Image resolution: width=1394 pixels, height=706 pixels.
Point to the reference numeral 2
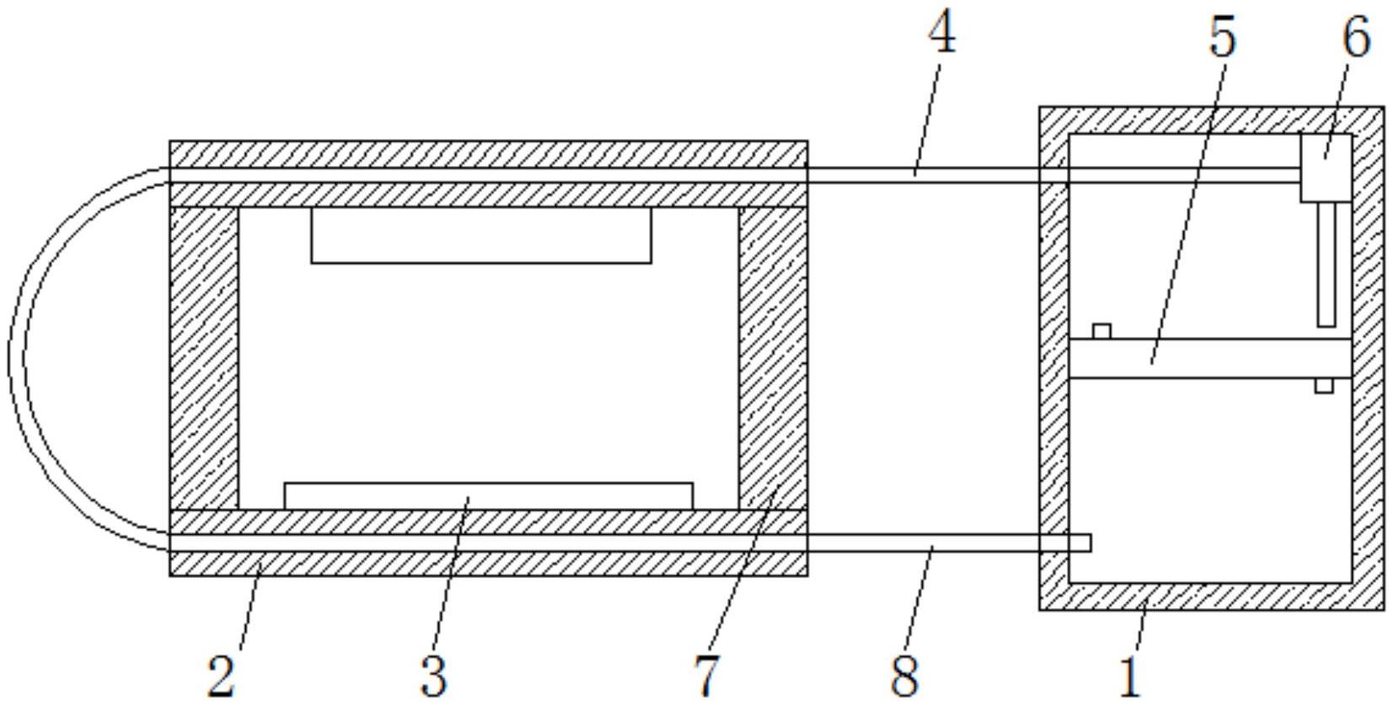click(222, 676)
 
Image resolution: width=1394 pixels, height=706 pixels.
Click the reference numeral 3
click(433, 676)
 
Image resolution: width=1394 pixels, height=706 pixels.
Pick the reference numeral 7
click(707, 676)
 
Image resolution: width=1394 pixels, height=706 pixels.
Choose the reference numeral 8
click(905, 676)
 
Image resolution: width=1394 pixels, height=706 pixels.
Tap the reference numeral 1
click(1130, 676)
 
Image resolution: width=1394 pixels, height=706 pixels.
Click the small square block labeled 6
click(1326, 168)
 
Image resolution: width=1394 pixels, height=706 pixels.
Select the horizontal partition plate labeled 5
click(1209, 358)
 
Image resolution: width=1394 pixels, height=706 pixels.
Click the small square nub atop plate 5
click(1102, 332)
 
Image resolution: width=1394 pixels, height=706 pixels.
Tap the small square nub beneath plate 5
click(1324, 386)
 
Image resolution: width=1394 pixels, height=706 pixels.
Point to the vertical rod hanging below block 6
click(1327, 265)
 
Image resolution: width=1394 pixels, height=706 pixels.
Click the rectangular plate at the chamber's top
click(481, 235)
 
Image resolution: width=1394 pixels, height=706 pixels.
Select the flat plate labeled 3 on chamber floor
click(489, 495)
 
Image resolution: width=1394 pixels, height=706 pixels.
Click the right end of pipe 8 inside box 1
click(1091, 543)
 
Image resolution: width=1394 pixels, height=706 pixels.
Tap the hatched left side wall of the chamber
click(203, 358)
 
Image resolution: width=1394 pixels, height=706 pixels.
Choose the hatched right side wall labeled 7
click(774, 358)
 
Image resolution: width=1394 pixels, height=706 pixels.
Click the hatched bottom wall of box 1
click(1212, 596)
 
